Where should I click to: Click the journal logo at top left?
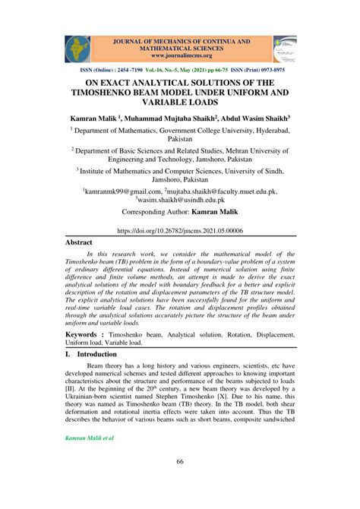[77, 48]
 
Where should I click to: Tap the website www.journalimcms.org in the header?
[181, 55]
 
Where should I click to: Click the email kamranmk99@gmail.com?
[117, 193]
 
